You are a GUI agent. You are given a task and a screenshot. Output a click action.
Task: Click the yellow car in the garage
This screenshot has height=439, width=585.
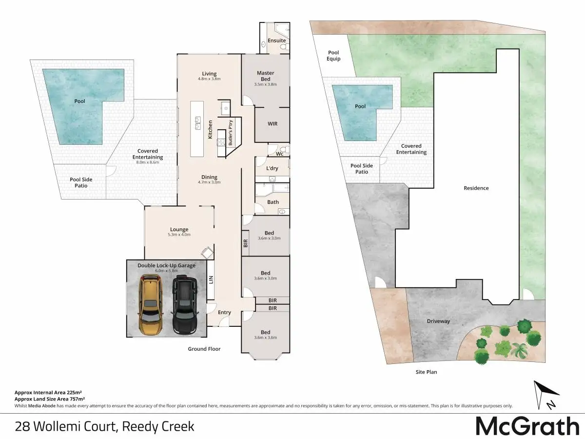pos(151,305)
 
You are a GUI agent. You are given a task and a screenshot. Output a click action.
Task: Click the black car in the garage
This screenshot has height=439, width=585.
pos(185,305)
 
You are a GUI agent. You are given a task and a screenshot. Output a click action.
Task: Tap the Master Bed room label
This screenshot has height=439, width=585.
pos(266,76)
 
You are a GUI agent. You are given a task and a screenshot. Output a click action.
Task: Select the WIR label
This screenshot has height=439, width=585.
pos(273,124)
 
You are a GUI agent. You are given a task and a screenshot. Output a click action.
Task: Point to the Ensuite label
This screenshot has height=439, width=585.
pos(276,40)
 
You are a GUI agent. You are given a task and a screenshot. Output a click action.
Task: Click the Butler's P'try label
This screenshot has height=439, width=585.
pos(231,133)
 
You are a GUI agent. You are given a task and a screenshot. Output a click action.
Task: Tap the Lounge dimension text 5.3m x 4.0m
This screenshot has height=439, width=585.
pos(179,235)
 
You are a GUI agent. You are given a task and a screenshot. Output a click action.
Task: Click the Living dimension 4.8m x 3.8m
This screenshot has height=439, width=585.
pos(209,79)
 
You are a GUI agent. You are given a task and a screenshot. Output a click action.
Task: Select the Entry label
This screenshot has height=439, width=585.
pos(224,312)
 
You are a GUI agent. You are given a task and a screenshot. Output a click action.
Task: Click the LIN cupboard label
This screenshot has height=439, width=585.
pos(211,279)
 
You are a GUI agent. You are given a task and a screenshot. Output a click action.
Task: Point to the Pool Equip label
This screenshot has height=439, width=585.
pos(333,56)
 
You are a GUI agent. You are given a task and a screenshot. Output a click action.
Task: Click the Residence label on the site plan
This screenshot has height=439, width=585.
pos(476,188)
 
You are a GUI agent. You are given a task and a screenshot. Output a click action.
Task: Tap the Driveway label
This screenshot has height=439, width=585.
pos(438,321)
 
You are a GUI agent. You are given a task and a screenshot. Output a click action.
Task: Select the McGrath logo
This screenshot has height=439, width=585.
pos(527,426)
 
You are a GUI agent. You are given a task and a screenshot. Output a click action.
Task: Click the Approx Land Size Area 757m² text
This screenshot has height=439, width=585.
pos(50,399)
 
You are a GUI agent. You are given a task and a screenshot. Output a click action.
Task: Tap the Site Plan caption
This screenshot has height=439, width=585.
pos(426,372)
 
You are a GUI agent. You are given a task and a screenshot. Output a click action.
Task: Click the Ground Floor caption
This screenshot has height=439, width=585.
pos(204,349)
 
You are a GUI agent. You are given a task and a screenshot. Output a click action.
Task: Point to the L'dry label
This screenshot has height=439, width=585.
pos(272,168)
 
